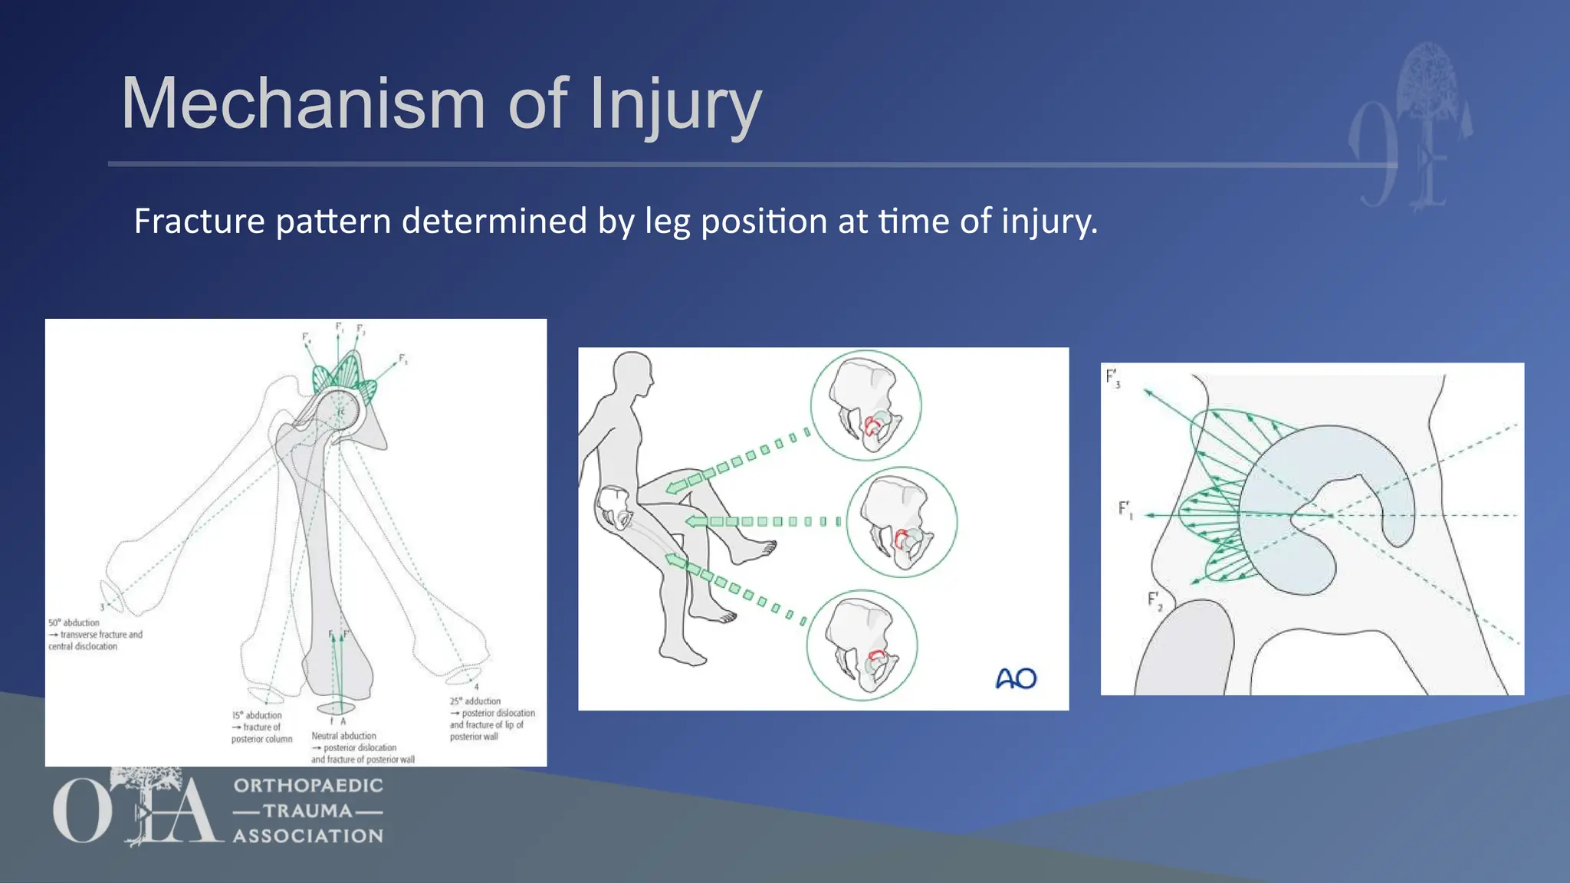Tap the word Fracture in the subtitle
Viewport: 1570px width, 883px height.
pos(199,222)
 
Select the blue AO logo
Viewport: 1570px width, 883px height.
pos(1016,678)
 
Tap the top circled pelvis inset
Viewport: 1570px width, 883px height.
pos(865,405)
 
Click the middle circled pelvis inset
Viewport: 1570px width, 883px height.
pos(902,522)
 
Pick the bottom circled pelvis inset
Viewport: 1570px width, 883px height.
pos(862,645)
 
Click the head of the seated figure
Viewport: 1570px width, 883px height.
pos(632,374)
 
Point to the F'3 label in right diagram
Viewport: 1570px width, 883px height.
pos(1113,378)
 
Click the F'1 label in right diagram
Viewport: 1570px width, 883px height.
pos(1125,509)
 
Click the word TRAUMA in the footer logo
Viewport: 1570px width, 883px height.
pos(307,811)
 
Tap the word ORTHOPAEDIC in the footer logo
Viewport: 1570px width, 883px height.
pos(308,786)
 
